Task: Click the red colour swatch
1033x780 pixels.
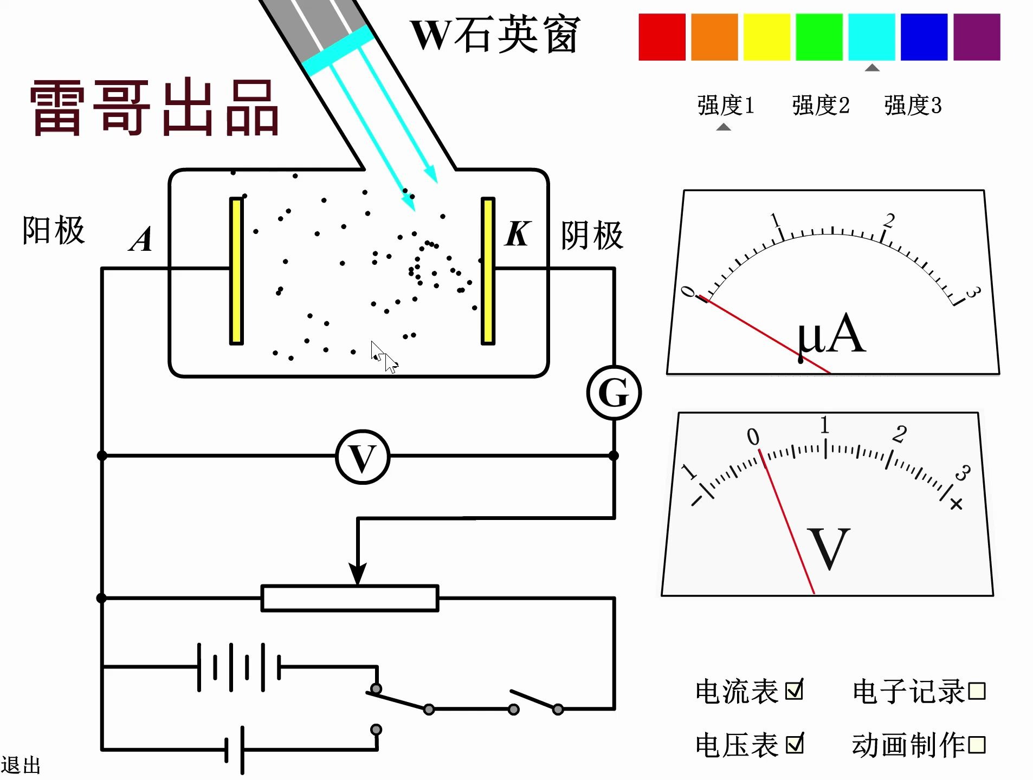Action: click(662, 37)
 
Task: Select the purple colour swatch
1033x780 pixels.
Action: click(976, 37)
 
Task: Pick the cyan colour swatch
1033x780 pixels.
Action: click(871, 37)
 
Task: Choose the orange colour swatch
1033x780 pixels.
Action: click(714, 37)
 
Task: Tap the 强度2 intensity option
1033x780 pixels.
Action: click(821, 105)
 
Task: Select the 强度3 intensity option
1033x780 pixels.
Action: click(913, 105)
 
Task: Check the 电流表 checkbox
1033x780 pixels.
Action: click(795, 690)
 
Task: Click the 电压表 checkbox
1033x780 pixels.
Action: click(795, 744)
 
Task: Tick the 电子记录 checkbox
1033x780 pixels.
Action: click(976, 691)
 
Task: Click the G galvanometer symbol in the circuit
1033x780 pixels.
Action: click(614, 393)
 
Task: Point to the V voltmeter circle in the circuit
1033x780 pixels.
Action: click(363, 457)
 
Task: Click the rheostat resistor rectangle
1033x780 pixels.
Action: click(350, 598)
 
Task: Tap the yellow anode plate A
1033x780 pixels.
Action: click(236, 271)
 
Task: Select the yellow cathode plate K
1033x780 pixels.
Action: click(488, 271)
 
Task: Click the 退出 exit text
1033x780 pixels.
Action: click(21, 766)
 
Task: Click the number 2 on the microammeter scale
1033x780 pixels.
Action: click(889, 220)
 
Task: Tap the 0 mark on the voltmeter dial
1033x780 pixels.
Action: click(753, 437)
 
